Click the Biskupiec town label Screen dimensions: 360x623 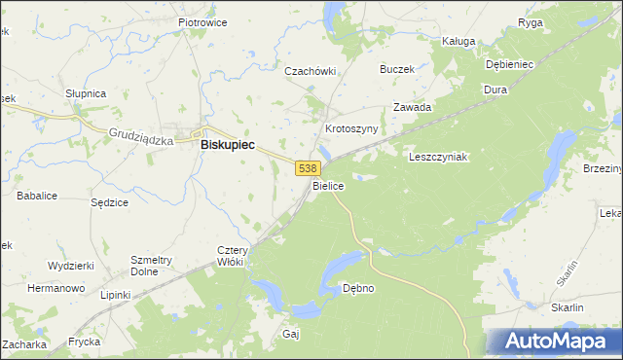coord(227,144)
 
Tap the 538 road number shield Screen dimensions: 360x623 coord(307,168)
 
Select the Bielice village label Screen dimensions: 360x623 coord(328,185)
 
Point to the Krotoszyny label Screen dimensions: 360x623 coord(350,128)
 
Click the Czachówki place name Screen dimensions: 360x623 coord(310,71)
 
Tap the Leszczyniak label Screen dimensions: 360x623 coord(439,157)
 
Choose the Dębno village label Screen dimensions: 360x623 coord(358,289)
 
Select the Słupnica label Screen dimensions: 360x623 coord(86,93)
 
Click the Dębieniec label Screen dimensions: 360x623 coord(509,64)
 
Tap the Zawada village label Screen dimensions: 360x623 coord(412,107)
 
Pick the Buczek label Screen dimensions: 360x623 coord(397,69)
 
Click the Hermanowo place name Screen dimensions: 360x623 coord(55,289)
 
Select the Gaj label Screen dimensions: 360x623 coord(290,334)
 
